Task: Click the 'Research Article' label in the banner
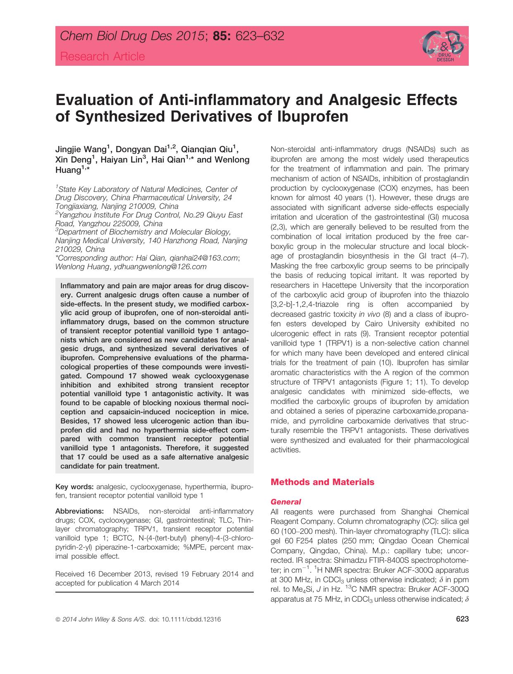click(x=103, y=57)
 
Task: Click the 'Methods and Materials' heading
click(x=322, y=482)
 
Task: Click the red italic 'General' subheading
click(x=285, y=502)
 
